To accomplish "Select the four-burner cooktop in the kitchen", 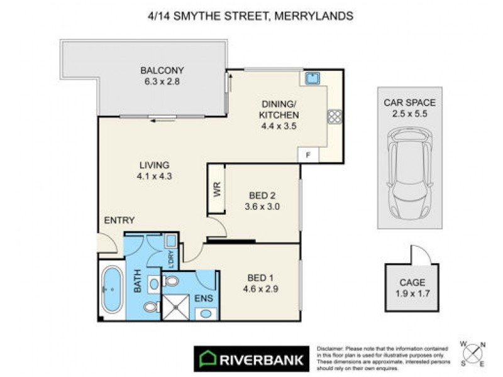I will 333,116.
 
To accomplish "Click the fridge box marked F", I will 308,155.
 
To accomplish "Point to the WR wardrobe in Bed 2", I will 216,190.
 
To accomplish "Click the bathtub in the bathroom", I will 113,290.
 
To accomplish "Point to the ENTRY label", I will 119,220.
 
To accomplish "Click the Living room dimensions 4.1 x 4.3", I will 154,177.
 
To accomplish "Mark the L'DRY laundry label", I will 170,258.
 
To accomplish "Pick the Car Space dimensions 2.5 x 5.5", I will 409,114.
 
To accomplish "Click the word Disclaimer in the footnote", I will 330,348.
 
